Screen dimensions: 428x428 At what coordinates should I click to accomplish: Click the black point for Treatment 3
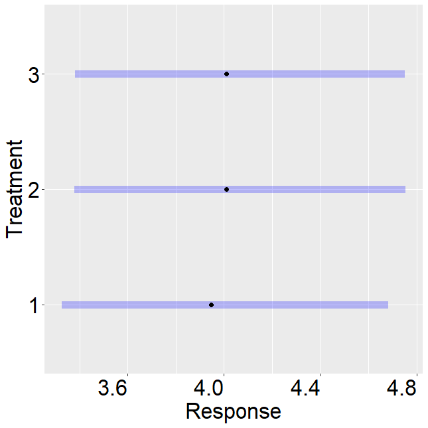click(226, 74)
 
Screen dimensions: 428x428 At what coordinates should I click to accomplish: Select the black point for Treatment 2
click(226, 189)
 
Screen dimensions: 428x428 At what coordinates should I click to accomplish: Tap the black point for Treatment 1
click(211, 305)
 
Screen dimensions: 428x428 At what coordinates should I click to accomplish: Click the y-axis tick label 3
click(35, 74)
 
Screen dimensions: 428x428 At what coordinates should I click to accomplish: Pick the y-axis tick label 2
click(35, 189)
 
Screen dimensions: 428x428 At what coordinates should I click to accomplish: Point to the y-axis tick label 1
click(34, 305)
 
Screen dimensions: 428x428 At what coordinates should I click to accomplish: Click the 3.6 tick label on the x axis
click(113, 388)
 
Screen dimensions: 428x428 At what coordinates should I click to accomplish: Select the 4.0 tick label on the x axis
click(209, 388)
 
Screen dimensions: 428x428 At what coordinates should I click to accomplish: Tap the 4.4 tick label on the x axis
click(305, 388)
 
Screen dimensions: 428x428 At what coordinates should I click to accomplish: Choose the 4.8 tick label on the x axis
click(401, 388)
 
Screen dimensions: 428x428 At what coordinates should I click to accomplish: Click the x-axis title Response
click(234, 411)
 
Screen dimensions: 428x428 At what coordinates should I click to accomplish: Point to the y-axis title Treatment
click(14, 189)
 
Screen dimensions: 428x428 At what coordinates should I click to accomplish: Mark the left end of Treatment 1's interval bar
click(62, 305)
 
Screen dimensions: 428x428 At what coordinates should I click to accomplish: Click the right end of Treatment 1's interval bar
click(388, 305)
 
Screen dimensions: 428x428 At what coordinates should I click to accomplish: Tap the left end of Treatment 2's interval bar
click(74, 189)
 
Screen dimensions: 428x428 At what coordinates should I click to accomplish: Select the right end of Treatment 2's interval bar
click(405, 189)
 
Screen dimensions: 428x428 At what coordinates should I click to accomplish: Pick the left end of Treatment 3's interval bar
click(76, 74)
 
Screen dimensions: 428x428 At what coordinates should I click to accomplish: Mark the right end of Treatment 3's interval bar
click(405, 74)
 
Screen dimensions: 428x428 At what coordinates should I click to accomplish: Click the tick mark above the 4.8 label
click(417, 374)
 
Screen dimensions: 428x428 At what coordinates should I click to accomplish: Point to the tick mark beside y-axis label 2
click(43, 189)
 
